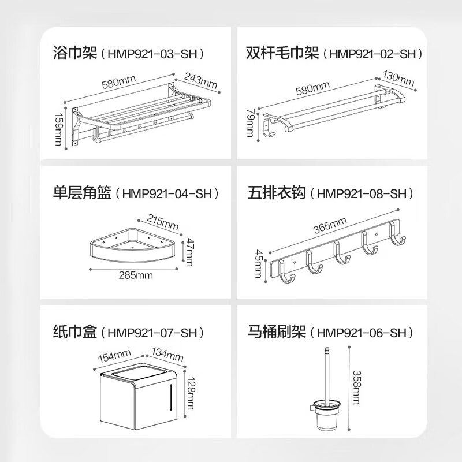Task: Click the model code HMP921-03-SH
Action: [x=152, y=54]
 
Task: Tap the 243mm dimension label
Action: [x=200, y=80]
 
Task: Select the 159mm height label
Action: [x=58, y=129]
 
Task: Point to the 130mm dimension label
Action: [x=398, y=78]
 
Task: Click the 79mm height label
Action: [x=250, y=122]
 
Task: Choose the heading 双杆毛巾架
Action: [x=283, y=53]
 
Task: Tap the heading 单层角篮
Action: [x=83, y=193]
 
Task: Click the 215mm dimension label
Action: [x=163, y=222]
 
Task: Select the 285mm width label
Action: [x=136, y=275]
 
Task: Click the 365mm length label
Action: [x=330, y=225]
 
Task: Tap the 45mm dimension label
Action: [x=258, y=264]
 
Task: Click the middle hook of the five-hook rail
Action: [x=341, y=253]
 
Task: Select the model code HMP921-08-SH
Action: [x=362, y=193]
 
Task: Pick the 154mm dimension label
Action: [x=114, y=356]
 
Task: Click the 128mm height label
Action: [x=191, y=393]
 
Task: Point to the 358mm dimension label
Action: [x=356, y=387]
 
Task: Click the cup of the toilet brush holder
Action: [x=327, y=416]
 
